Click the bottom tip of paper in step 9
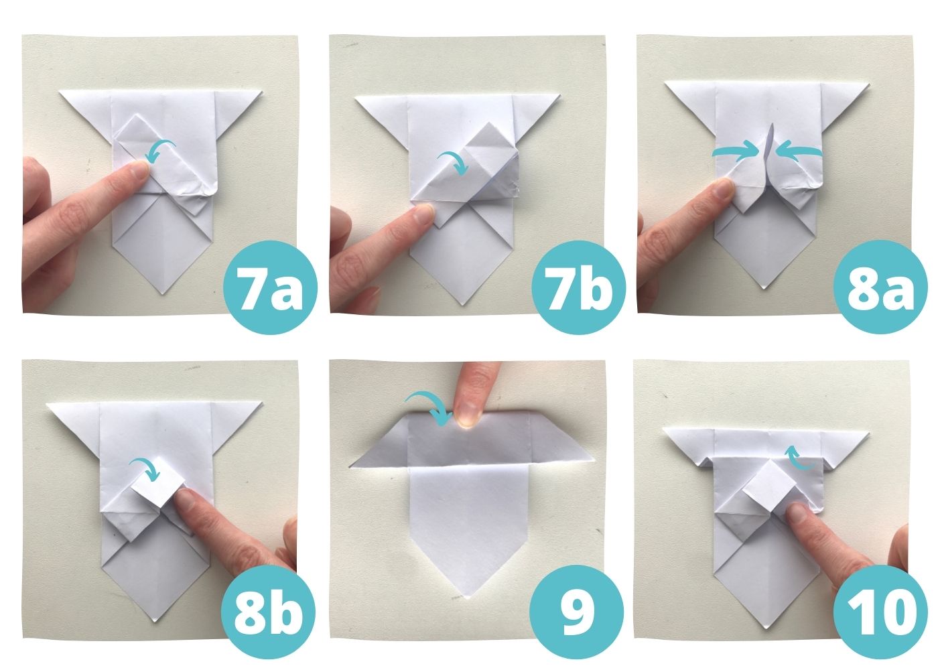pos(469,596)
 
